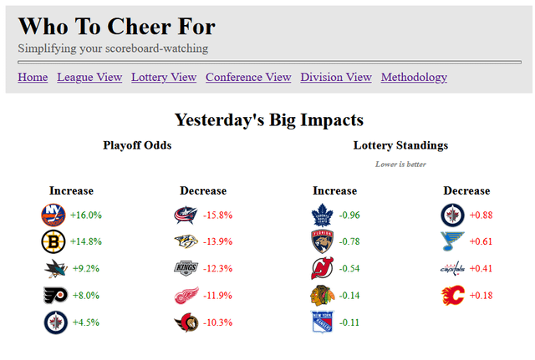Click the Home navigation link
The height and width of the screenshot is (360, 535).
click(x=33, y=78)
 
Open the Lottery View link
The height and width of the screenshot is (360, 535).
click(x=164, y=78)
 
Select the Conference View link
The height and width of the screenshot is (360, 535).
click(x=248, y=78)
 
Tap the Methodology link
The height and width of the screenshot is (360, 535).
click(x=414, y=78)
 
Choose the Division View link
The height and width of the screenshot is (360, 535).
click(x=336, y=78)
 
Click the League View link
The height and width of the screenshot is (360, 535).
click(x=89, y=78)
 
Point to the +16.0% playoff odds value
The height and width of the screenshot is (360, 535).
click(x=86, y=215)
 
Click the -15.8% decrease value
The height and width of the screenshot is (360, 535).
click(x=217, y=215)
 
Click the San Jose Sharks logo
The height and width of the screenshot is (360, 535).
click(x=55, y=269)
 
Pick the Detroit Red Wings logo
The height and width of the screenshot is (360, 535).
click(x=186, y=296)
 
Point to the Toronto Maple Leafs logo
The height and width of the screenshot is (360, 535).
click(x=323, y=215)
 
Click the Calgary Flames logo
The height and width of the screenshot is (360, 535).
click(x=453, y=296)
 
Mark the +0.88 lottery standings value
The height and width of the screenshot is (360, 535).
click(x=481, y=215)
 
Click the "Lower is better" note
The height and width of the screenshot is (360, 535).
click(x=400, y=164)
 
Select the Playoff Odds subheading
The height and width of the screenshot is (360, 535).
click(x=137, y=145)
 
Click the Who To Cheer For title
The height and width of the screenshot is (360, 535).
click(x=116, y=26)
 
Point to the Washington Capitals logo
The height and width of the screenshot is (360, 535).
click(x=452, y=269)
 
